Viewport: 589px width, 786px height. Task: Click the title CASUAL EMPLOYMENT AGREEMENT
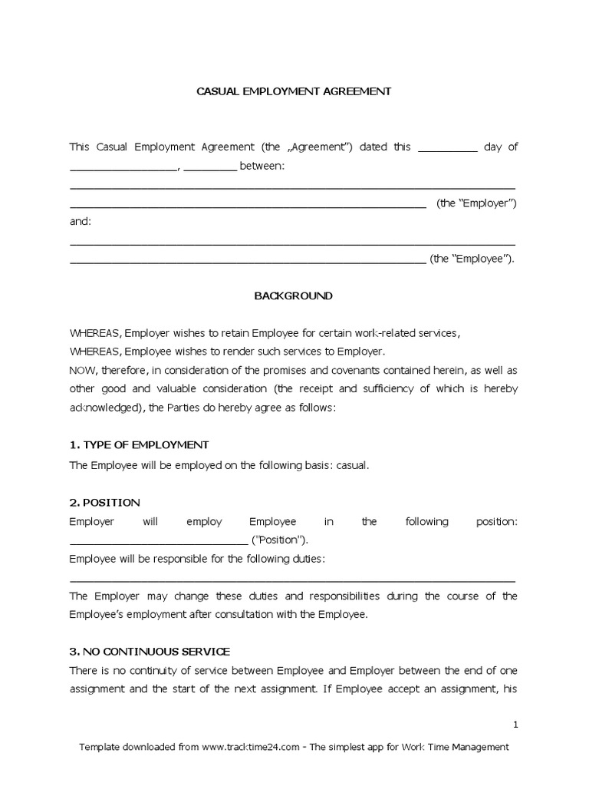coord(294,91)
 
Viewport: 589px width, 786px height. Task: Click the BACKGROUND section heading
coord(294,296)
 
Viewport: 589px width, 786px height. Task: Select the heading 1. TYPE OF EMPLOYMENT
coord(139,445)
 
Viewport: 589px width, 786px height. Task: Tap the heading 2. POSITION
coord(104,503)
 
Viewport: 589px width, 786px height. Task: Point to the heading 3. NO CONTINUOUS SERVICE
coord(150,652)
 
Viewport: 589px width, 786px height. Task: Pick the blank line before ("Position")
coord(160,540)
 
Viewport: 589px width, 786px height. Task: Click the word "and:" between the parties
coord(80,221)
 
